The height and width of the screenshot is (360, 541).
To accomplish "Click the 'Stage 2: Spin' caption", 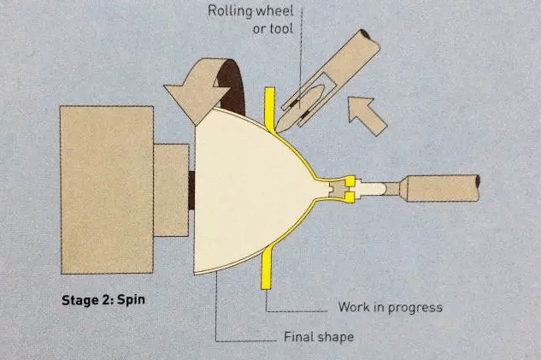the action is tap(103, 299).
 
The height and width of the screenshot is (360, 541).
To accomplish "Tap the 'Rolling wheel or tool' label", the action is tap(250, 20).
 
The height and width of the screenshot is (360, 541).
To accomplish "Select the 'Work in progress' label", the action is tap(391, 307).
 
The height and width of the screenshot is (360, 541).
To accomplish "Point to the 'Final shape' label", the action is tap(319, 337).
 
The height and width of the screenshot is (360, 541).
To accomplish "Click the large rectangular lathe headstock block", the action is tap(107, 190).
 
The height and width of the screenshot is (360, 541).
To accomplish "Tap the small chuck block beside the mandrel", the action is tap(171, 190).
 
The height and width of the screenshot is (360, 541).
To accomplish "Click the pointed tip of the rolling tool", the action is tap(278, 131).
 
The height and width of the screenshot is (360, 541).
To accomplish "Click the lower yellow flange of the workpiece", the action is tap(267, 267).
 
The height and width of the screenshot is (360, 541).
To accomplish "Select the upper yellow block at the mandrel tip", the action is tap(350, 181).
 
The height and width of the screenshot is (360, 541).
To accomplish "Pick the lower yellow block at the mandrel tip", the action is tap(350, 198).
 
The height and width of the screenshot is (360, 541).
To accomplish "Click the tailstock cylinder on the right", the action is tap(443, 188).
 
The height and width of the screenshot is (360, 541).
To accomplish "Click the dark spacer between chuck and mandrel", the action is tap(191, 190).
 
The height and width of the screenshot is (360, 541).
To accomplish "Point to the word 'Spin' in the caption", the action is tap(131, 300).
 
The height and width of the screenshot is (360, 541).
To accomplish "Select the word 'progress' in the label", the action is tap(415, 308).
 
